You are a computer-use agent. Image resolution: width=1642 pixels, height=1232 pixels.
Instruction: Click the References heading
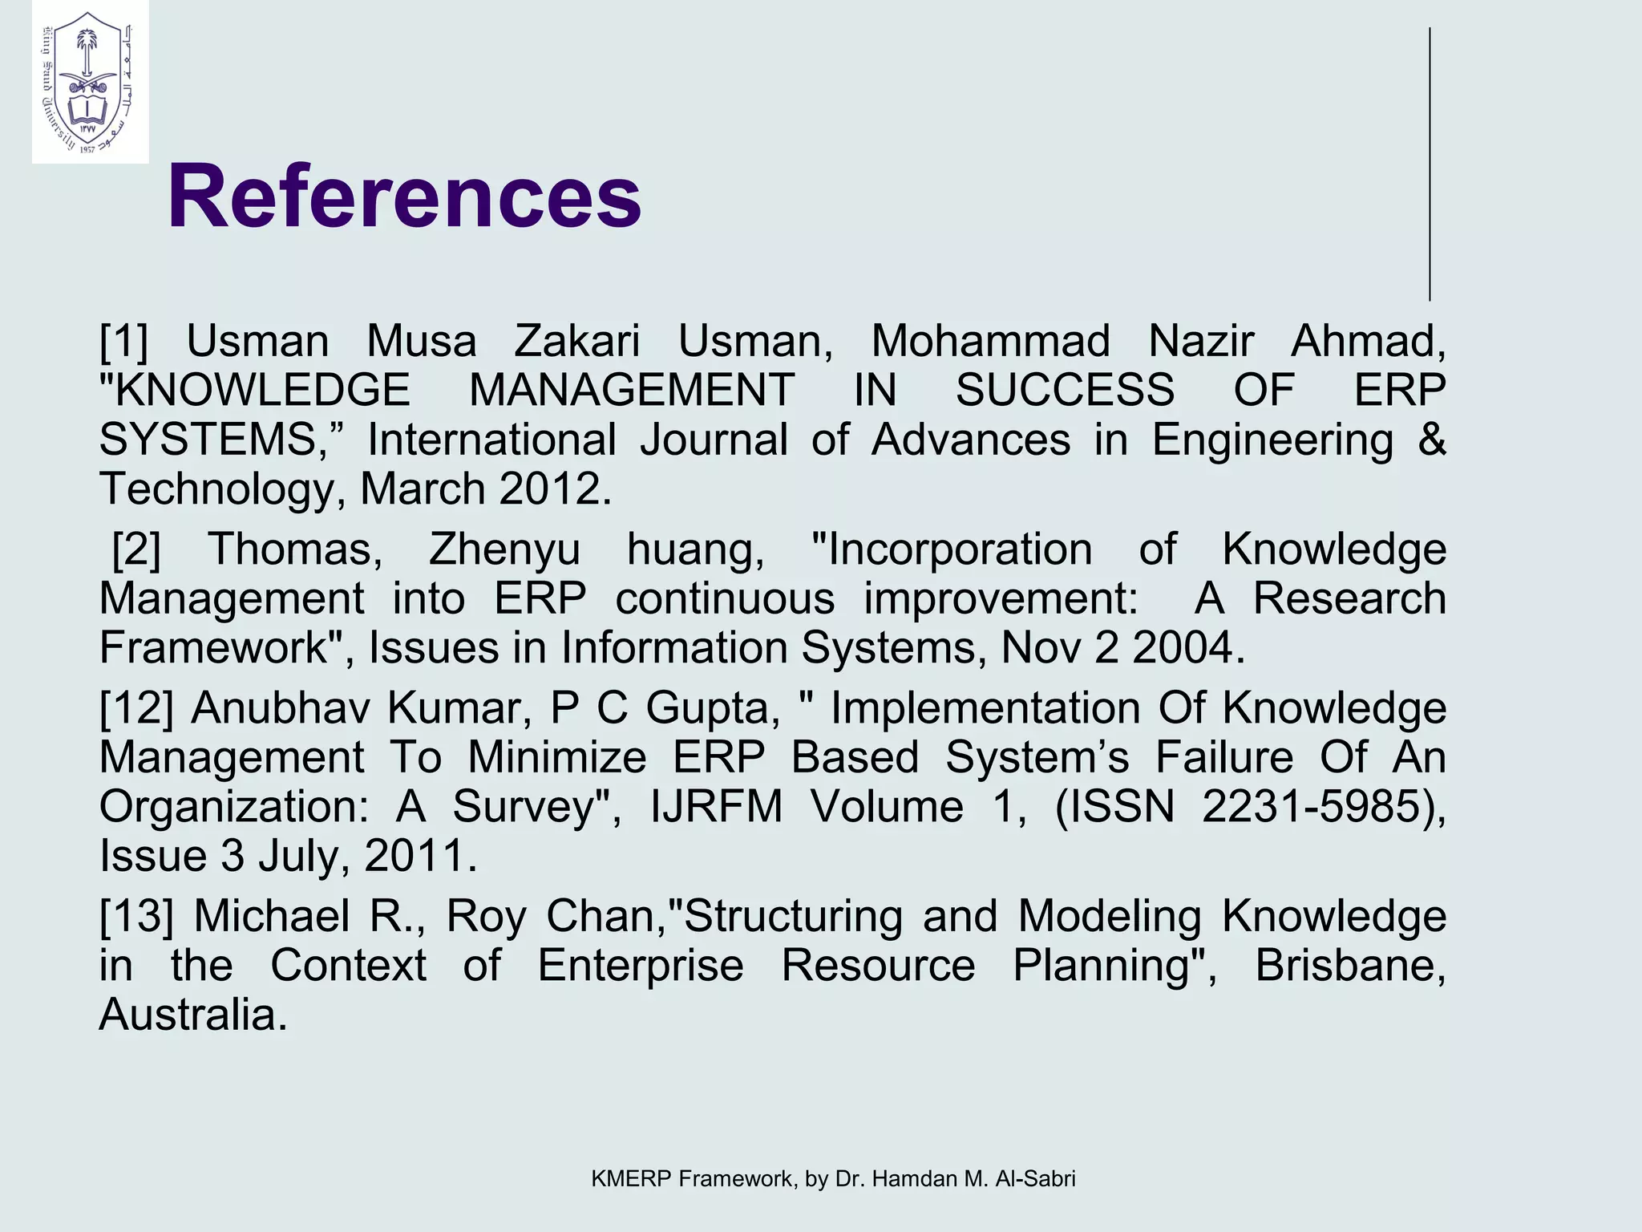404,197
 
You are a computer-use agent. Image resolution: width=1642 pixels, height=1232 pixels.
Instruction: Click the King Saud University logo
90,83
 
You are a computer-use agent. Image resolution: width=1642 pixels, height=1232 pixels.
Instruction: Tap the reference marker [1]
124,341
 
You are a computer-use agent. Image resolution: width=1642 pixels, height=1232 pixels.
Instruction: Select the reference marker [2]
136,549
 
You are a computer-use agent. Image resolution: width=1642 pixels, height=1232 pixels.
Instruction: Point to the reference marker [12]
136,708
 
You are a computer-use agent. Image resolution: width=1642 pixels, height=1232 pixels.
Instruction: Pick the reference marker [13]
136,916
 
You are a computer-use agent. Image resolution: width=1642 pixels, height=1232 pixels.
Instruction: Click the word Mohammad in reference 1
990,341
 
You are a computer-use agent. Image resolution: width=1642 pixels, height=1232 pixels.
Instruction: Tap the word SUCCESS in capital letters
1065,391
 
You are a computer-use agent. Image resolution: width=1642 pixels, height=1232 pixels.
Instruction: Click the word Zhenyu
504,549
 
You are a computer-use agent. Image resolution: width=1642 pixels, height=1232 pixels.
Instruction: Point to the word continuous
725,599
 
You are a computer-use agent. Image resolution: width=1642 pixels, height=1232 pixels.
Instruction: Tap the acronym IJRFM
716,806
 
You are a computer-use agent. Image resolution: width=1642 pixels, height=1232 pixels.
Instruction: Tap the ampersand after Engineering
1432,440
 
